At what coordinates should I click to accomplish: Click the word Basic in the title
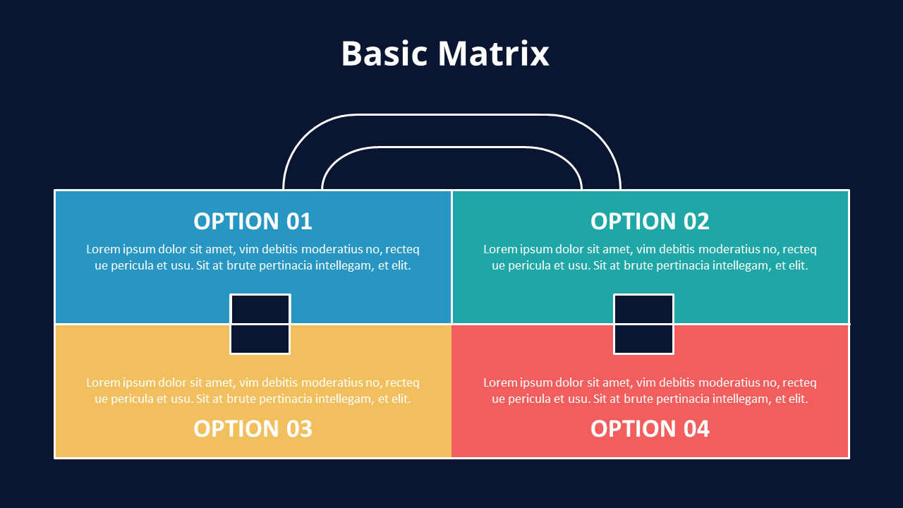384,53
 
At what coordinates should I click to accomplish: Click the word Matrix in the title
493,53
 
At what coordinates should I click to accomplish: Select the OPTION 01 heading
253,222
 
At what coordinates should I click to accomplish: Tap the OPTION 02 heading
650,222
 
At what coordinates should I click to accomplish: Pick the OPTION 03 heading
253,428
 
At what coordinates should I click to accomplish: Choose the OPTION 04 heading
650,428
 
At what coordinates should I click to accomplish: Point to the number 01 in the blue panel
299,222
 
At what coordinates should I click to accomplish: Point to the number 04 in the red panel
696,428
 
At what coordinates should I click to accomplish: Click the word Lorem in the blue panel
103,249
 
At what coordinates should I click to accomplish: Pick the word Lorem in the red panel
500,382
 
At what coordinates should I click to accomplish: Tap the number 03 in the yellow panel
299,428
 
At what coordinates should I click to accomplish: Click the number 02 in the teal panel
696,222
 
